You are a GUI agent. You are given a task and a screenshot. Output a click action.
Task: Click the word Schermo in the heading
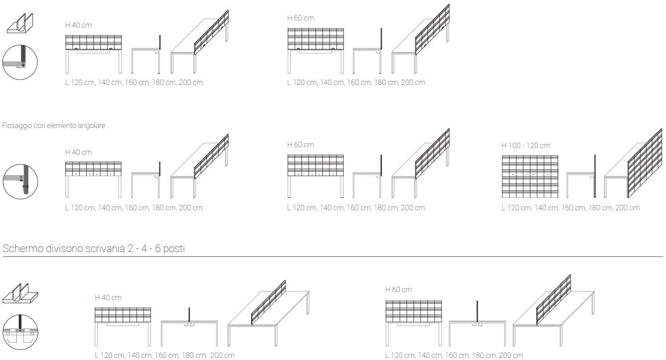pos(23,248)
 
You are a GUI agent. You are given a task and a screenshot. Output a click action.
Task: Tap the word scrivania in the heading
pos(105,248)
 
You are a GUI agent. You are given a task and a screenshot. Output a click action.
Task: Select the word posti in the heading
pos(174,249)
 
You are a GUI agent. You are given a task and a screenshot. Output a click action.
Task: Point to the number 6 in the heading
pos(157,248)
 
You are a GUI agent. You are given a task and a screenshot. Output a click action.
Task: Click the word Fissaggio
pos(17,126)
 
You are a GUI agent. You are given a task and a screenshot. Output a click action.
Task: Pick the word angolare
pos(91,126)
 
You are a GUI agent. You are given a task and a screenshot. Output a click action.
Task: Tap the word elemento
pos(61,125)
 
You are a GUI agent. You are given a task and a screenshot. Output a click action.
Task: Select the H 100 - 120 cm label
pos(526,145)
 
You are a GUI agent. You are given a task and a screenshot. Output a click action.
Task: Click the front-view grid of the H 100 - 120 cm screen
pos(530,176)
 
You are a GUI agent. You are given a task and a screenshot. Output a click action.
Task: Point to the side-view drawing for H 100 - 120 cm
pos(581,176)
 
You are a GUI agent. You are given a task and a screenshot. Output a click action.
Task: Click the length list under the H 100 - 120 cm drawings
pos(570,208)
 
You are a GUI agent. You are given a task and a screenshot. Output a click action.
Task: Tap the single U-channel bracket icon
pos(20,23)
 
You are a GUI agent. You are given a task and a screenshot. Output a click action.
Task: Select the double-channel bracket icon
pos(20,293)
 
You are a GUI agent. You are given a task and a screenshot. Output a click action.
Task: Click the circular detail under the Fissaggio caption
pos(20,182)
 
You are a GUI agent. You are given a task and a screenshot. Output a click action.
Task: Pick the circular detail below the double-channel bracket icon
pos(20,332)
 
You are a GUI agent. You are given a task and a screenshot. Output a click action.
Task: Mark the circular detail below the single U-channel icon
pos(20,62)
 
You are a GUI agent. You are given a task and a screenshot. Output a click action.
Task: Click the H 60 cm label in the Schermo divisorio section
pos(398,289)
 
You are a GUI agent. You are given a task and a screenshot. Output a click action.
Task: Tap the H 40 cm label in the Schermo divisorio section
pos(108,297)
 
